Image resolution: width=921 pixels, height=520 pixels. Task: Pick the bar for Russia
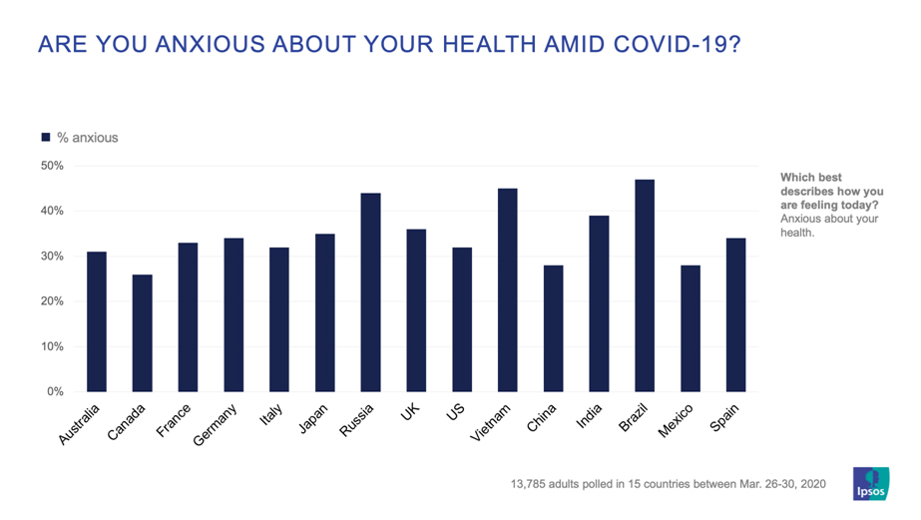370,291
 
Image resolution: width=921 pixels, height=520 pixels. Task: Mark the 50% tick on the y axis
53,166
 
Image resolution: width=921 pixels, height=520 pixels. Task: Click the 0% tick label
56,392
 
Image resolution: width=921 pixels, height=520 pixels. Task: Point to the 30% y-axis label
53,257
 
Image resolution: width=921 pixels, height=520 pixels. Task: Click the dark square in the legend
46,138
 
